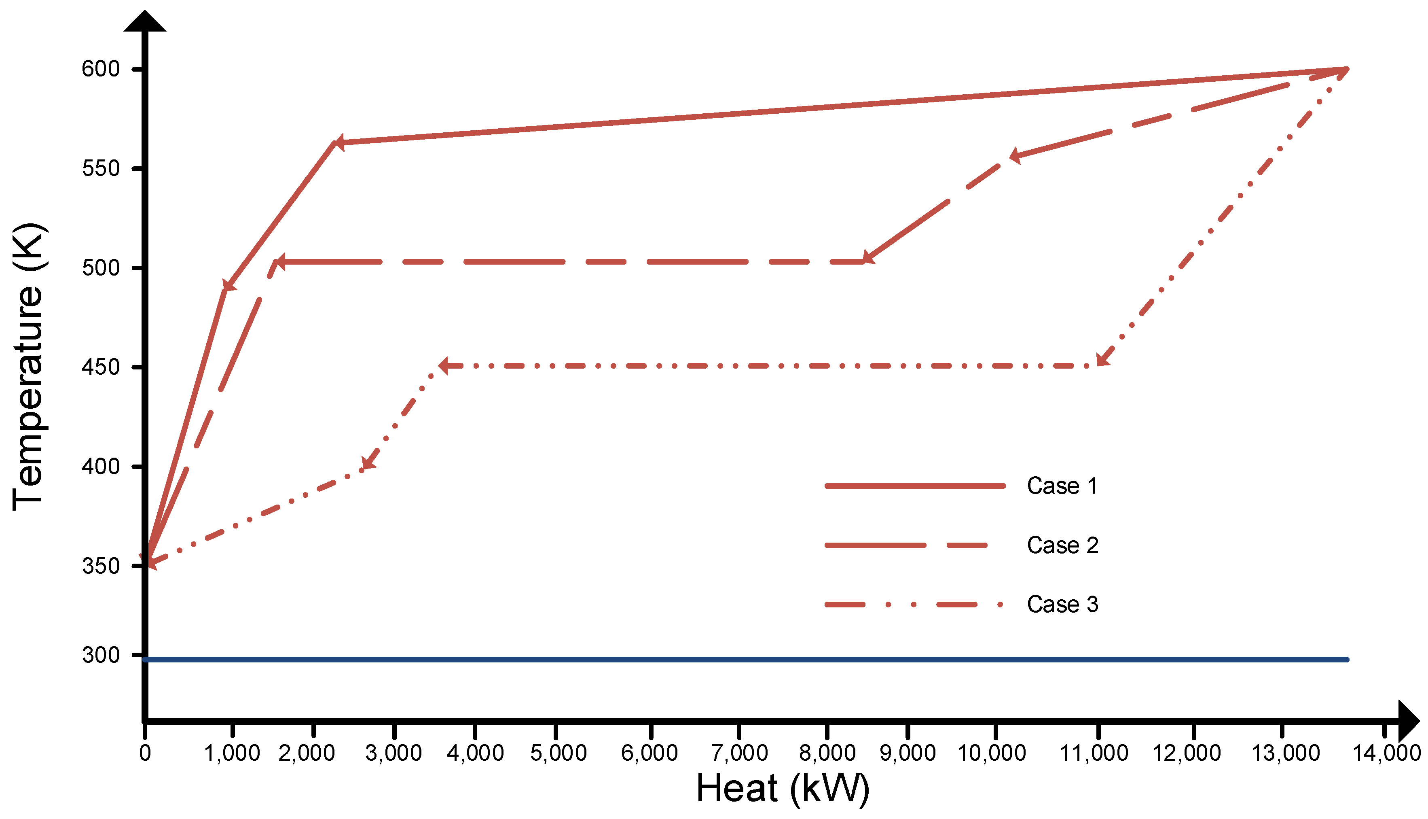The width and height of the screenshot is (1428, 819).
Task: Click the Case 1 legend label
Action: coord(1062,486)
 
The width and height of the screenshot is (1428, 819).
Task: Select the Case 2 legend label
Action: coord(1062,545)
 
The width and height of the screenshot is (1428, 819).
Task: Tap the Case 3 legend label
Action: coord(1062,605)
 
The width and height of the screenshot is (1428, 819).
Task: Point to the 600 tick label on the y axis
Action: coord(101,69)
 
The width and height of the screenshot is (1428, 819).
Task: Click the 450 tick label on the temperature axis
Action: coord(101,367)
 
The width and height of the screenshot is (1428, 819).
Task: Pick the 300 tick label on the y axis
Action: coord(101,655)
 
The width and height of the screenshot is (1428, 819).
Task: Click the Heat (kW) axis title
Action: coord(783,789)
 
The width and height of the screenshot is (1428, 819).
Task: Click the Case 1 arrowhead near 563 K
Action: coord(338,143)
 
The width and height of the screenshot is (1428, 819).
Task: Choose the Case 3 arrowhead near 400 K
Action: coord(368,463)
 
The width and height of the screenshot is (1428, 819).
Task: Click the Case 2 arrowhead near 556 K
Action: coord(1015,156)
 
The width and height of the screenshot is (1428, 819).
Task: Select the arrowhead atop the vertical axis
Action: coord(145,21)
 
